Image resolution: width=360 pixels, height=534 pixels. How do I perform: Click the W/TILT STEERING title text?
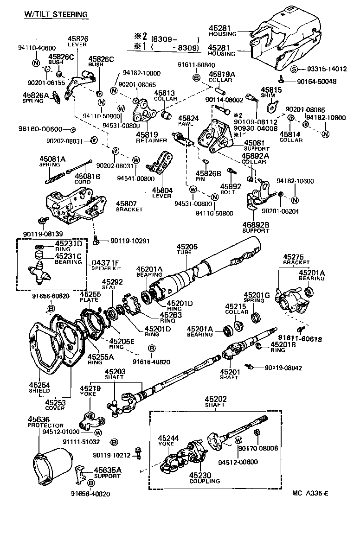[56, 14]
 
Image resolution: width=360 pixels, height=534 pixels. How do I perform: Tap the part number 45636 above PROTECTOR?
[39, 419]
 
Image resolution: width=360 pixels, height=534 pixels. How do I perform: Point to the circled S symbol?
[294, 70]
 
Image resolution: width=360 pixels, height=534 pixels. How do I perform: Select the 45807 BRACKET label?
[126, 206]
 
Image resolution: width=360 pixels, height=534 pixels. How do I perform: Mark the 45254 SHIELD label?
[39, 388]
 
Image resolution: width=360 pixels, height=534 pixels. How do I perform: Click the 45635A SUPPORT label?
[107, 473]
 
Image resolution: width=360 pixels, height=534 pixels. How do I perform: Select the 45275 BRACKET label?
[293, 259]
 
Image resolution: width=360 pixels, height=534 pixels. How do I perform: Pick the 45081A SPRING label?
[52, 162]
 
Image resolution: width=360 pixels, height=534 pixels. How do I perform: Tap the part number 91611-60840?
[197, 64]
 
